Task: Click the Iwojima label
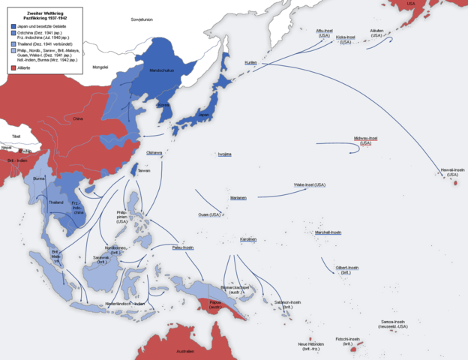pyautogui.click(x=224, y=154)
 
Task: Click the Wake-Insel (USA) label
pyautogui.click(x=310, y=184)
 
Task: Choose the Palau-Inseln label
pyautogui.click(x=183, y=247)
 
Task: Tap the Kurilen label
pyautogui.click(x=250, y=62)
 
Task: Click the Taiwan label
pyautogui.click(x=145, y=171)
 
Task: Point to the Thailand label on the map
pyautogui.click(x=56, y=202)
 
